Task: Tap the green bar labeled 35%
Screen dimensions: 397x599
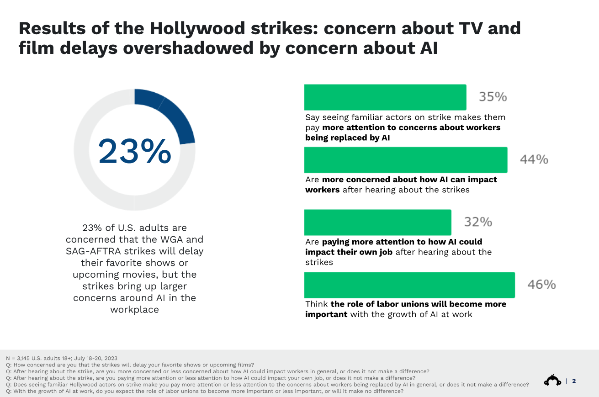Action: pyautogui.click(x=385, y=97)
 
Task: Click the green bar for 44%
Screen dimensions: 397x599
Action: pyautogui.click(x=405, y=159)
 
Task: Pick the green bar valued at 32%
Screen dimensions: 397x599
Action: pyautogui.click(x=377, y=222)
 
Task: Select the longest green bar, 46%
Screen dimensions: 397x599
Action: pyautogui.click(x=409, y=285)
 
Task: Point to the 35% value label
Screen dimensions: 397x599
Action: pyautogui.click(x=493, y=97)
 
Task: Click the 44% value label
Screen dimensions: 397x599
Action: pyautogui.click(x=534, y=159)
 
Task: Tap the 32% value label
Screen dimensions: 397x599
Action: pyautogui.click(x=478, y=222)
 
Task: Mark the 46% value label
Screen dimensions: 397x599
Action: pyautogui.click(x=541, y=285)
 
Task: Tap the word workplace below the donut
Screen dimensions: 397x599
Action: pyautogui.click(x=134, y=309)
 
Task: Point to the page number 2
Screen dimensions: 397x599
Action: pyautogui.click(x=574, y=381)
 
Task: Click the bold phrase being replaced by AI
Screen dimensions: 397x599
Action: pyautogui.click(x=348, y=138)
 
